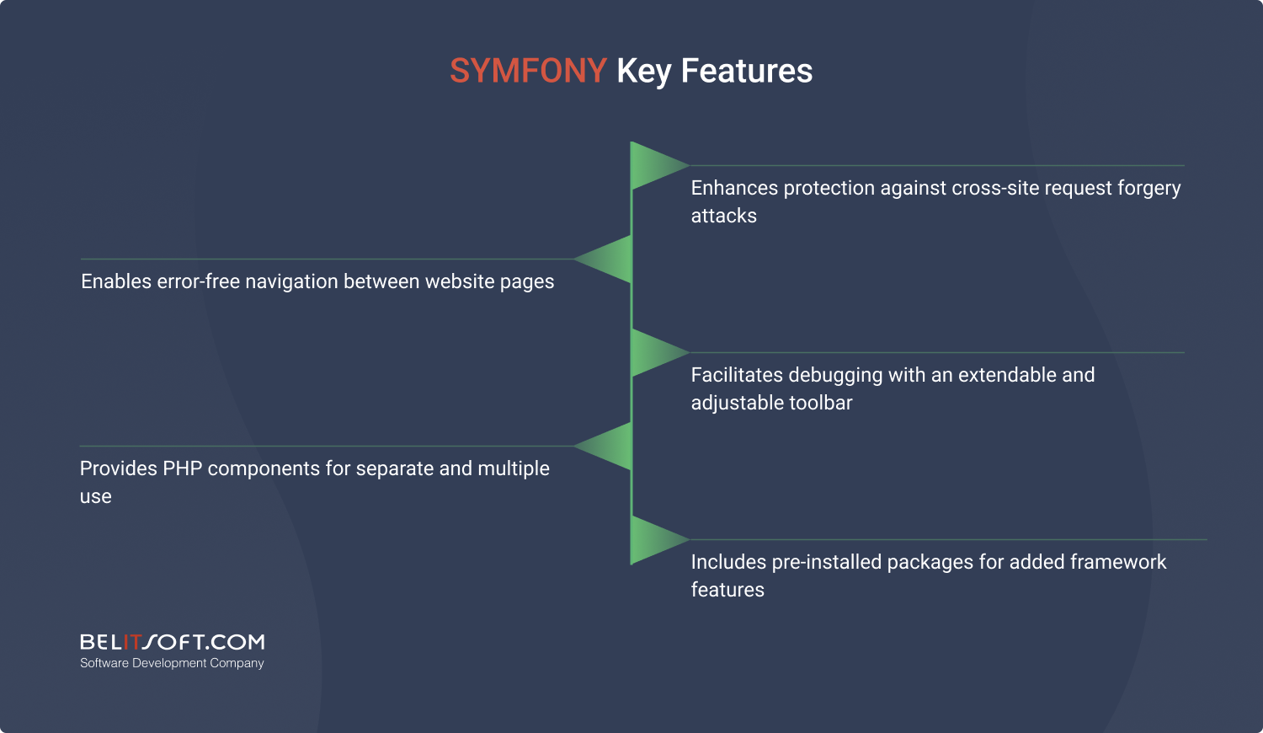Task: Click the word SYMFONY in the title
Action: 528,71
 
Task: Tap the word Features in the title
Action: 747,71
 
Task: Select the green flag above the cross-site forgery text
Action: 657,165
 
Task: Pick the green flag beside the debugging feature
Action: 657,353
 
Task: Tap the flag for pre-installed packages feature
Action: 657,540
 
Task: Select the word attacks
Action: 724,217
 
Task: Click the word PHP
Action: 183,469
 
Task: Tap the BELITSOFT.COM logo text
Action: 172,642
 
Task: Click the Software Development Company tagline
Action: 172,664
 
